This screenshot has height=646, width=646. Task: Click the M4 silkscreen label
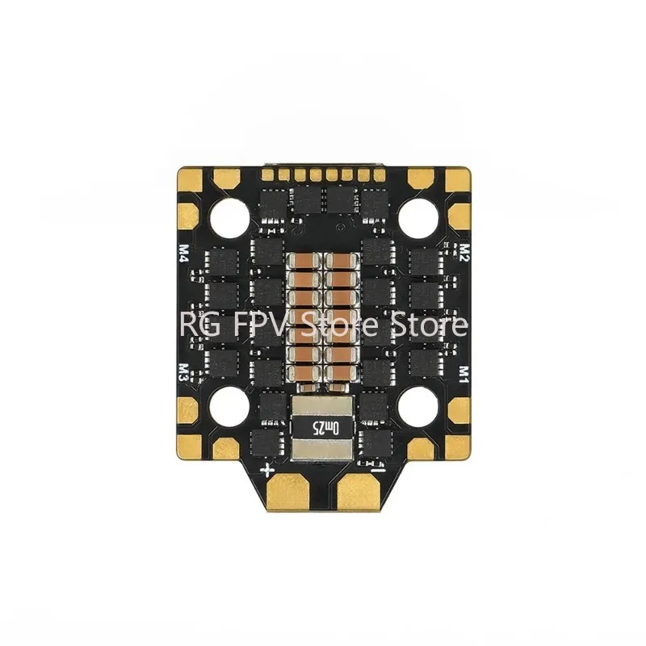point(182,255)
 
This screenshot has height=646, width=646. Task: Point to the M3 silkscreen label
point(182,373)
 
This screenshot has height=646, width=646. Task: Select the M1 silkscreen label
point(464,373)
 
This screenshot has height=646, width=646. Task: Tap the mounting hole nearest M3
point(230,404)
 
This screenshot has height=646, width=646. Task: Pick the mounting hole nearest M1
point(417,404)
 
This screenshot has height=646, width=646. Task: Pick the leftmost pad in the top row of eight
point(267,173)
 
